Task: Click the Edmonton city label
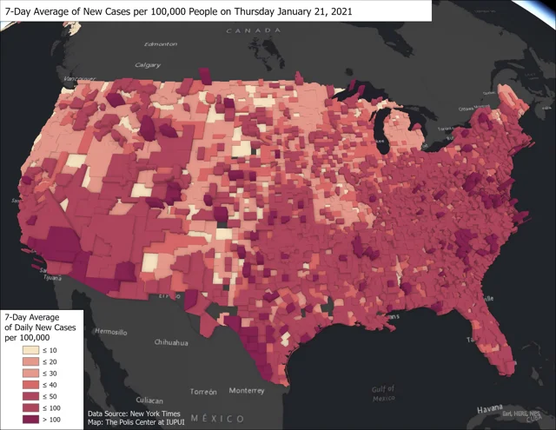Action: coord(161,44)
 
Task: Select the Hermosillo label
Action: coord(109,332)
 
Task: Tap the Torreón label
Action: coord(203,391)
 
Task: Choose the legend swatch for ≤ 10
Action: coord(17,350)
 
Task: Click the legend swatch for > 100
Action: coord(17,420)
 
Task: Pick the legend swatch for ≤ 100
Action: coord(17,408)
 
